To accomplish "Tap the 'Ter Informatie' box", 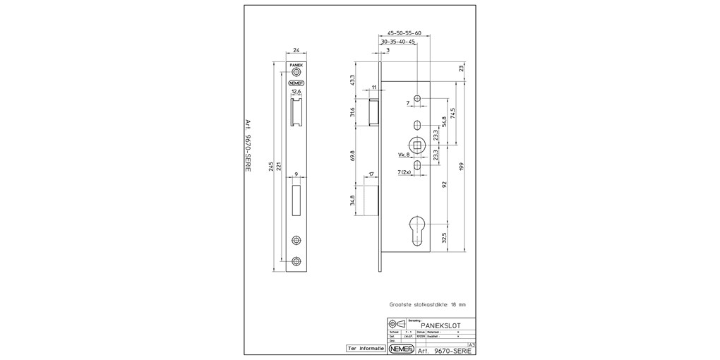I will [x=366, y=349].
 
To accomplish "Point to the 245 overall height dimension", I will [x=270, y=167].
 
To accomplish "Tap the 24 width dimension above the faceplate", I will [x=296, y=51].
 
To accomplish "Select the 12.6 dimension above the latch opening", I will [x=296, y=91].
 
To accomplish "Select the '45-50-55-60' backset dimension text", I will [x=404, y=33].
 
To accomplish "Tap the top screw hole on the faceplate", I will [x=296, y=71].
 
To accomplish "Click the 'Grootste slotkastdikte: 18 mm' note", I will [x=428, y=305].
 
